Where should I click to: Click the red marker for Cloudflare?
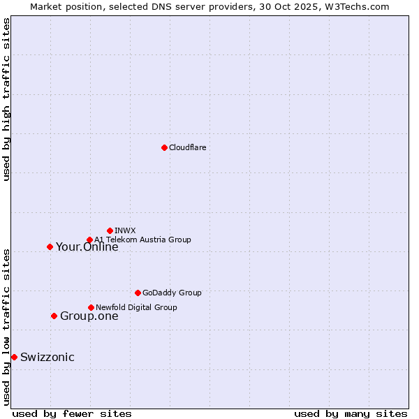pyautogui.click(x=164, y=147)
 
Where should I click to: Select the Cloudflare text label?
pyautogui.click(x=187, y=147)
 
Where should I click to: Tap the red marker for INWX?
pyautogui.click(x=110, y=230)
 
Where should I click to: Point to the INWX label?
pyautogui.click(x=125, y=230)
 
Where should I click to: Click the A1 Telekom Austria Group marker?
pyautogui.click(x=89, y=240)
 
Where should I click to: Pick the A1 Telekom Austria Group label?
pyautogui.click(x=142, y=240)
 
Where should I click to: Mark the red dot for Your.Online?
pyautogui.click(x=50, y=247)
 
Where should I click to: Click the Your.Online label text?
pyautogui.click(x=87, y=247)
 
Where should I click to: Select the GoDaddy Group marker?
pyautogui.click(x=138, y=293)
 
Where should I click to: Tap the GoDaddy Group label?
pyautogui.click(x=171, y=293)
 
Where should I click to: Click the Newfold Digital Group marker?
pyautogui.click(x=91, y=307)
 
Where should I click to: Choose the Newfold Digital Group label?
pyautogui.click(x=136, y=307)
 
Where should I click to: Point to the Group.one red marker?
pyautogui.click(x=54, y=316)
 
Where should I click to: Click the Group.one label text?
pyautogui.click(x=89, y=316)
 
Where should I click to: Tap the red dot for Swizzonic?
pyautogui.click(x=14, y=357)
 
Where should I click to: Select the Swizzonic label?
pyautogui.click(x=47, y=358)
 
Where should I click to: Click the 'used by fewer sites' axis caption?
pyautogui.click(x=72, y=413)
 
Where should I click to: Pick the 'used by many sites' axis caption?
pyautogui.click(x=351, y=413)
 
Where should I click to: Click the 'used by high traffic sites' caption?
pyautogui.click(x=6, y=99)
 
